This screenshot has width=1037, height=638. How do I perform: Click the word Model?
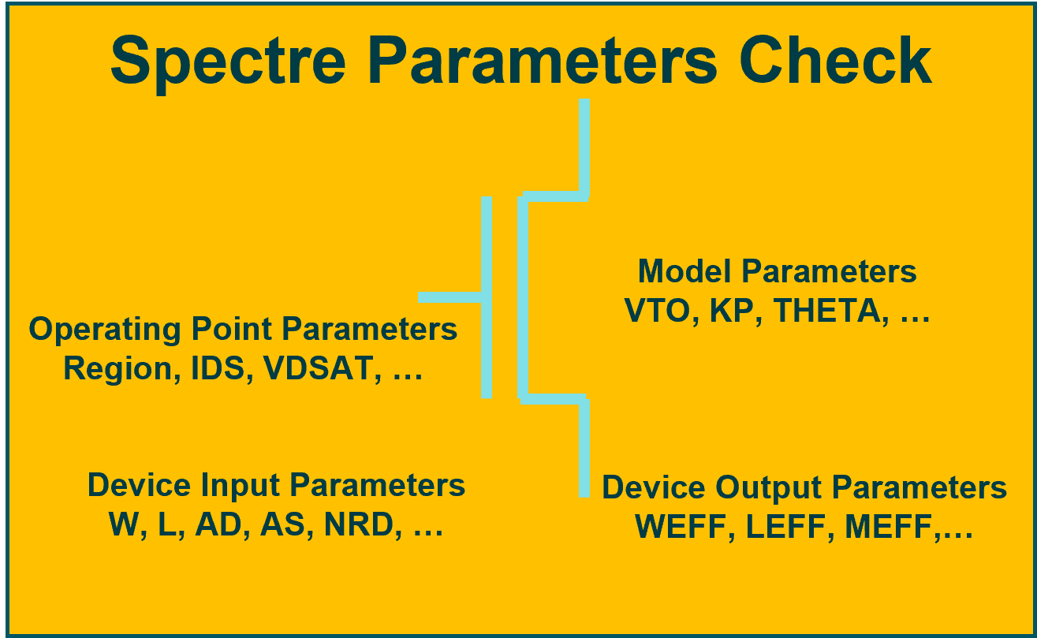pos(685,271)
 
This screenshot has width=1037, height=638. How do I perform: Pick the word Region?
pos(119,368)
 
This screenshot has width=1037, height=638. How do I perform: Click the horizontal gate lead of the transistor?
pos(448,297)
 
